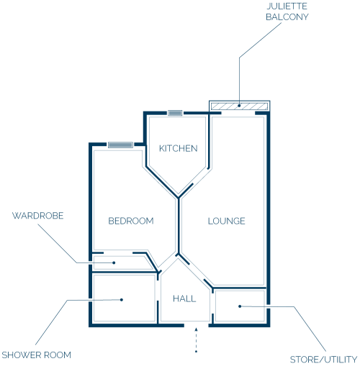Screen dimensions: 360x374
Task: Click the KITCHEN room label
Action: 179,148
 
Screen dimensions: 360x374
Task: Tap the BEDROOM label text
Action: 131,221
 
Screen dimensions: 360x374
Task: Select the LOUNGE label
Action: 227,221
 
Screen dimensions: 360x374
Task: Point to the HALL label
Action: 184,298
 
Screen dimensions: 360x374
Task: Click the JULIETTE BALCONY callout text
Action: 287,12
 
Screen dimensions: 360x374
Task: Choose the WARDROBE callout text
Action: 38,216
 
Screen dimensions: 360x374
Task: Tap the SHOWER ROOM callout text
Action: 37,355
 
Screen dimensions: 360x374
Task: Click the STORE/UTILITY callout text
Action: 323,360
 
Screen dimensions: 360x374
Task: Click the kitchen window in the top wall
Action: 175,113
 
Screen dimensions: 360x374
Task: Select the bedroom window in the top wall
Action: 120,145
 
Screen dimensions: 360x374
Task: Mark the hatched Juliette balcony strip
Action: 239,106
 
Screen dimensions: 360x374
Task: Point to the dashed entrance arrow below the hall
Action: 196,340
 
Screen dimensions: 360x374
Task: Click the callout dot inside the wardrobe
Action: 114,263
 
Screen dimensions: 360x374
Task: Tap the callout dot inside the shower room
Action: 122,300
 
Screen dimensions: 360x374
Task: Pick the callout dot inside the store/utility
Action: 240,306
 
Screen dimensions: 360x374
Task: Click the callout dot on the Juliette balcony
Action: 239,106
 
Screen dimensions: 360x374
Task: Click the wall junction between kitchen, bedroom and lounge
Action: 179,198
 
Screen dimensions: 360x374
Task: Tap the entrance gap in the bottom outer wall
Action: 197,325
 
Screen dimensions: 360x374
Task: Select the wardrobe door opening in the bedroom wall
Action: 118,252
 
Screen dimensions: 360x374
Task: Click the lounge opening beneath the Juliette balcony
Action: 238,113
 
